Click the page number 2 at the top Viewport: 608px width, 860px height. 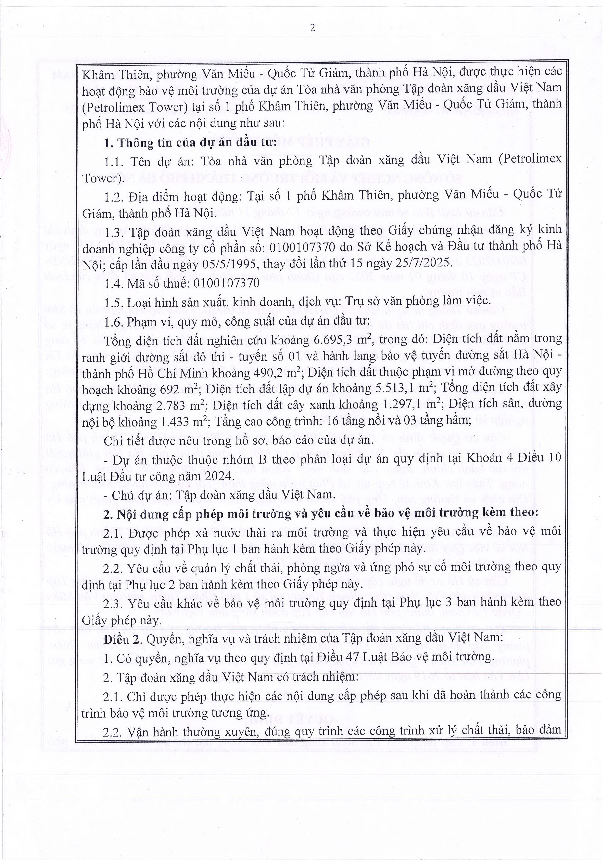tap(312, 28)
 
